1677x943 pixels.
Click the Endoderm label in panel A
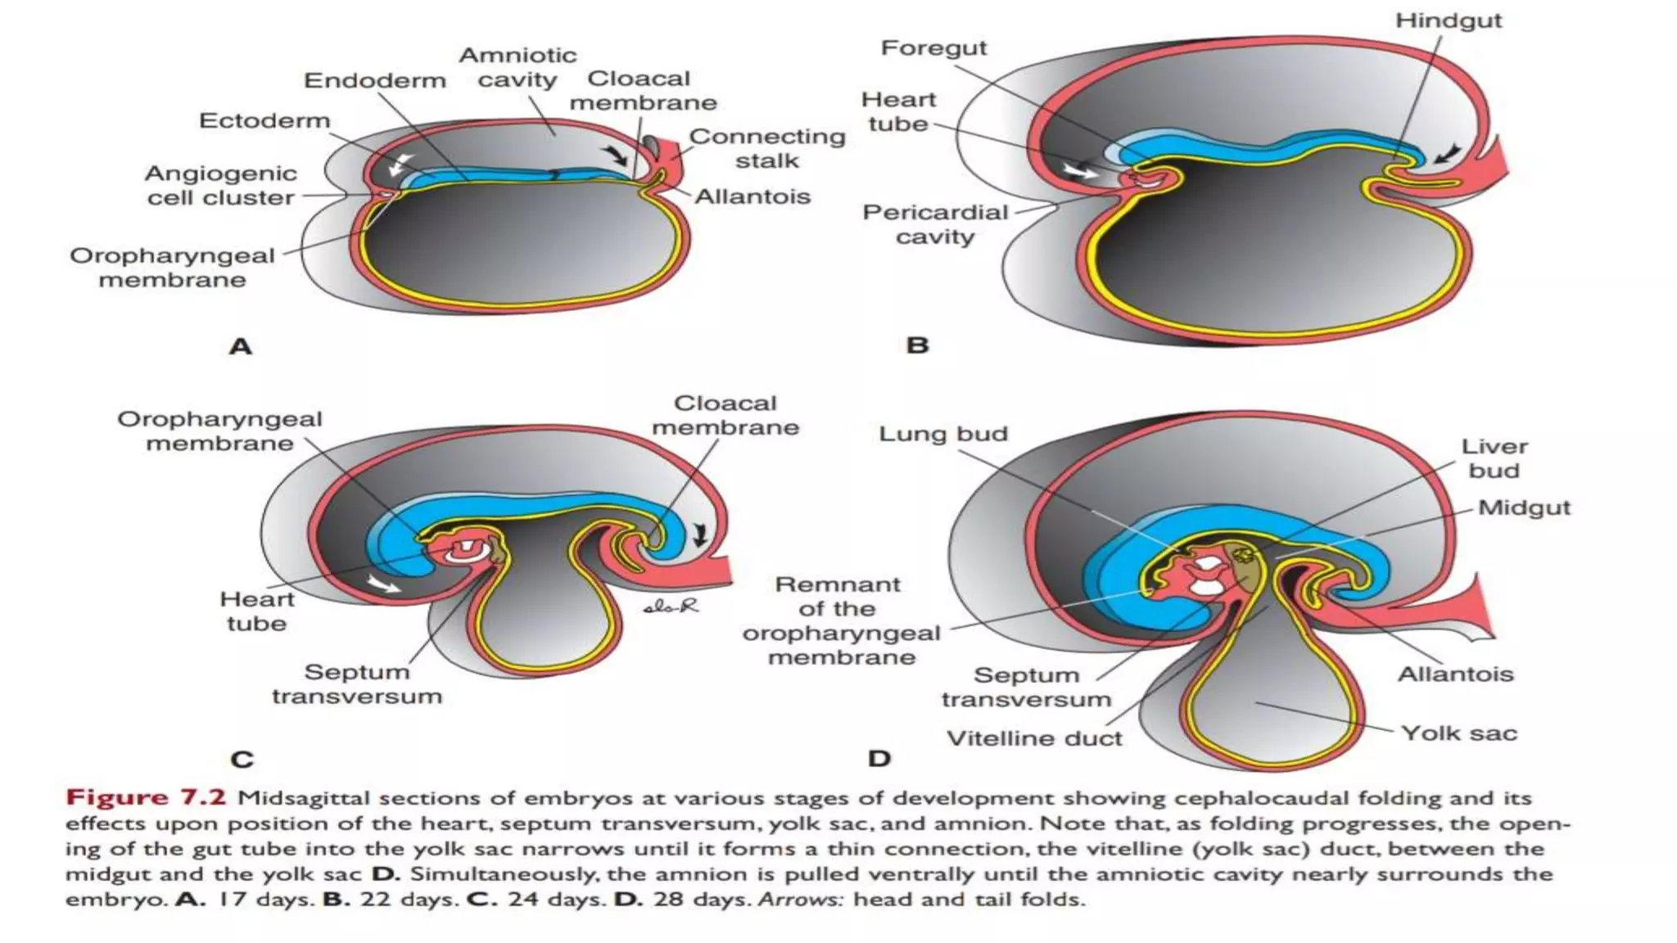[375, 81]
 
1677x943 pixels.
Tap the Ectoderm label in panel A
[264, 121]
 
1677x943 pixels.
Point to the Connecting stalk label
[766, 148]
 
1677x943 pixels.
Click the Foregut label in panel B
[933, 48]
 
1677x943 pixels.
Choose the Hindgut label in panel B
[1448, 20]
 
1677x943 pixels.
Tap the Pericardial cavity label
[935, 224]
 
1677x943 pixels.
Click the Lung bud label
[942, 434]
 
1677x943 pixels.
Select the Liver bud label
[1494, 458]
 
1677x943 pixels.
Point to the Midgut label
[1524, 508]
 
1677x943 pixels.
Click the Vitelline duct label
[1033, 738]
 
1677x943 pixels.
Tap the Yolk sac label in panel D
[1458, 733]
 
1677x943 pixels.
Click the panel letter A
[240, 346]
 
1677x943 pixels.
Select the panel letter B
[917, 345]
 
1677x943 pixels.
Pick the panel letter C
[242, 760]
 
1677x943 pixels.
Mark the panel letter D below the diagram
[879, 759]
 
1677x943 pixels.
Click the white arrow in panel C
[383, 584]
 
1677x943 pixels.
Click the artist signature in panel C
[671, 607]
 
